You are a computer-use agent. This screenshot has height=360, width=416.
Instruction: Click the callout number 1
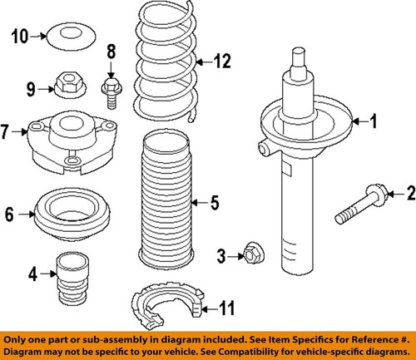point(374,122)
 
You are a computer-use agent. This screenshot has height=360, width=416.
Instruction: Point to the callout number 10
point(18,35)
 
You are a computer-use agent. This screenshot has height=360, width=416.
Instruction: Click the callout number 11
point(226,309)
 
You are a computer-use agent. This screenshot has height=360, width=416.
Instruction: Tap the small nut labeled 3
point(250,254)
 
